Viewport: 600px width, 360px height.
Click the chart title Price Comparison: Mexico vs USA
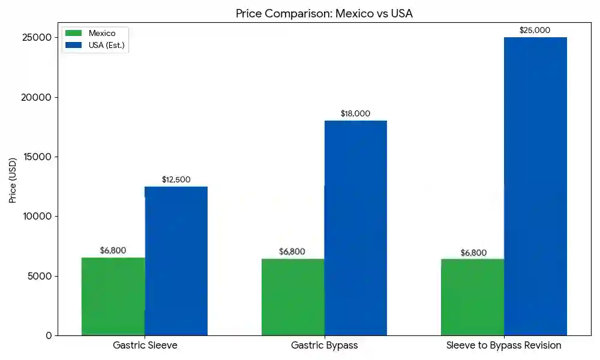pyautogui.click(x=324, y=13)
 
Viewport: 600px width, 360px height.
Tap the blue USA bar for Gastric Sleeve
pyautogui.click(x=176, y=260)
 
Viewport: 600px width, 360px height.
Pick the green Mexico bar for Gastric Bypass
pyautogui.click(x=293, y=296)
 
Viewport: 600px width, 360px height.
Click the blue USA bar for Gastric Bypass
pyautogui.click(x=356, y=228)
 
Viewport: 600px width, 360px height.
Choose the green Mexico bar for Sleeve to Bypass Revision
pyautogui.click(x=472, y=296)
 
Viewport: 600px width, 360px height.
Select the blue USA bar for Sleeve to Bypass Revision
pyautogui.click(x=535, y=186)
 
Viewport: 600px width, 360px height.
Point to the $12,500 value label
pyautogui.click(x=176, y=179)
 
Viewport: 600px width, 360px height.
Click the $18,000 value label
pyautogui.click(x=355, y=113)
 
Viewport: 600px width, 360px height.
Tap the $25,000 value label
pyautogui.click(x=535, y=30)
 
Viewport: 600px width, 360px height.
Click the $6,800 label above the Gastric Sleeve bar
pyautogui.click(x=113, y=250)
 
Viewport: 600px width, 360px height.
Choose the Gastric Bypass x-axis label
pyautogui.click(x=324, y=346)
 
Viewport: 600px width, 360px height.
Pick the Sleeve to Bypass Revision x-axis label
pyautogui.click(x=503, y=346)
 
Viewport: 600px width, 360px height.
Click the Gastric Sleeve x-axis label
pyautogui.click(x=145, y=346)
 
